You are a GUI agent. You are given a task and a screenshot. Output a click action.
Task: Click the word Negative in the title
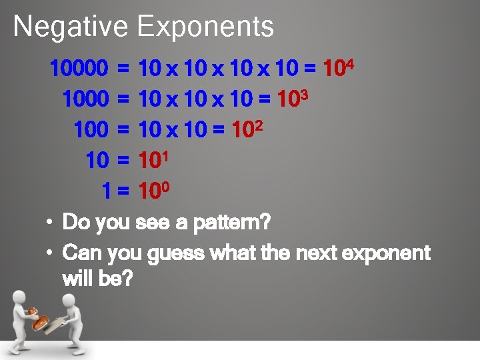pyautogui.click(x=70, y=27)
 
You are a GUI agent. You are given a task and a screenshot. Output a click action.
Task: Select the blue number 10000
pyautogui.click(x=79, y=68)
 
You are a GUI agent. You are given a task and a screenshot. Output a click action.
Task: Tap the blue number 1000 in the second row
pyautogui.click(x=85, y=99)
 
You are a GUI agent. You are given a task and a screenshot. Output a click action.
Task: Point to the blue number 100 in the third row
pyautogui.click(x=91, y=130)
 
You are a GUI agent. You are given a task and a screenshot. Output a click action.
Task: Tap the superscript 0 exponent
pyautogui.click(x=167, y=187)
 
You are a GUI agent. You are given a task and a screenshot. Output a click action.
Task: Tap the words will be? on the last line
pyautogui.click(x=97, y=279)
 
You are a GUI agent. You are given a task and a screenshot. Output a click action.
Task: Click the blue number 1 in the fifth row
pyautogui.click(x=107, y=192)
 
